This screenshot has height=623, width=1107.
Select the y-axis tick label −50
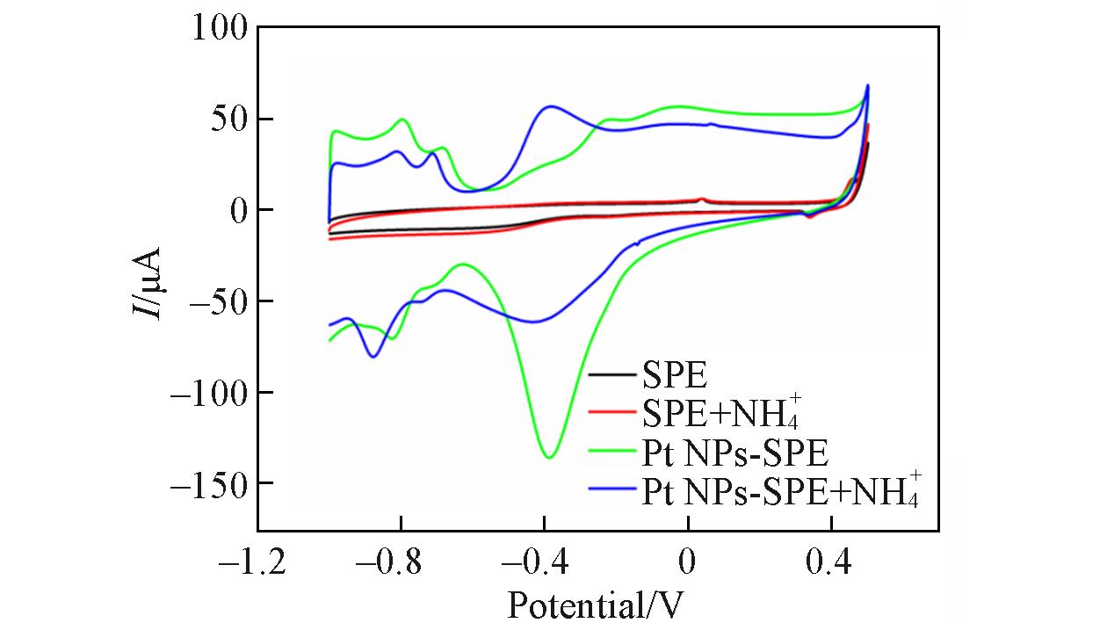214,301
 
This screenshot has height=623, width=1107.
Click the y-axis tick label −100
205,392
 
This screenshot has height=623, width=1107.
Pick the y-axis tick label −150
205,483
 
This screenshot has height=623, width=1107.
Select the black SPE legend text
674,375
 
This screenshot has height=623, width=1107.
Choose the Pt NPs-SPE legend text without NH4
734,453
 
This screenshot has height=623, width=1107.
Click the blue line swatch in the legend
611,490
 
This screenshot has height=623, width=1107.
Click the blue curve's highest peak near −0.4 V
551,106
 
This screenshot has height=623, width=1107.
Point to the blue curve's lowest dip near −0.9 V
374,356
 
